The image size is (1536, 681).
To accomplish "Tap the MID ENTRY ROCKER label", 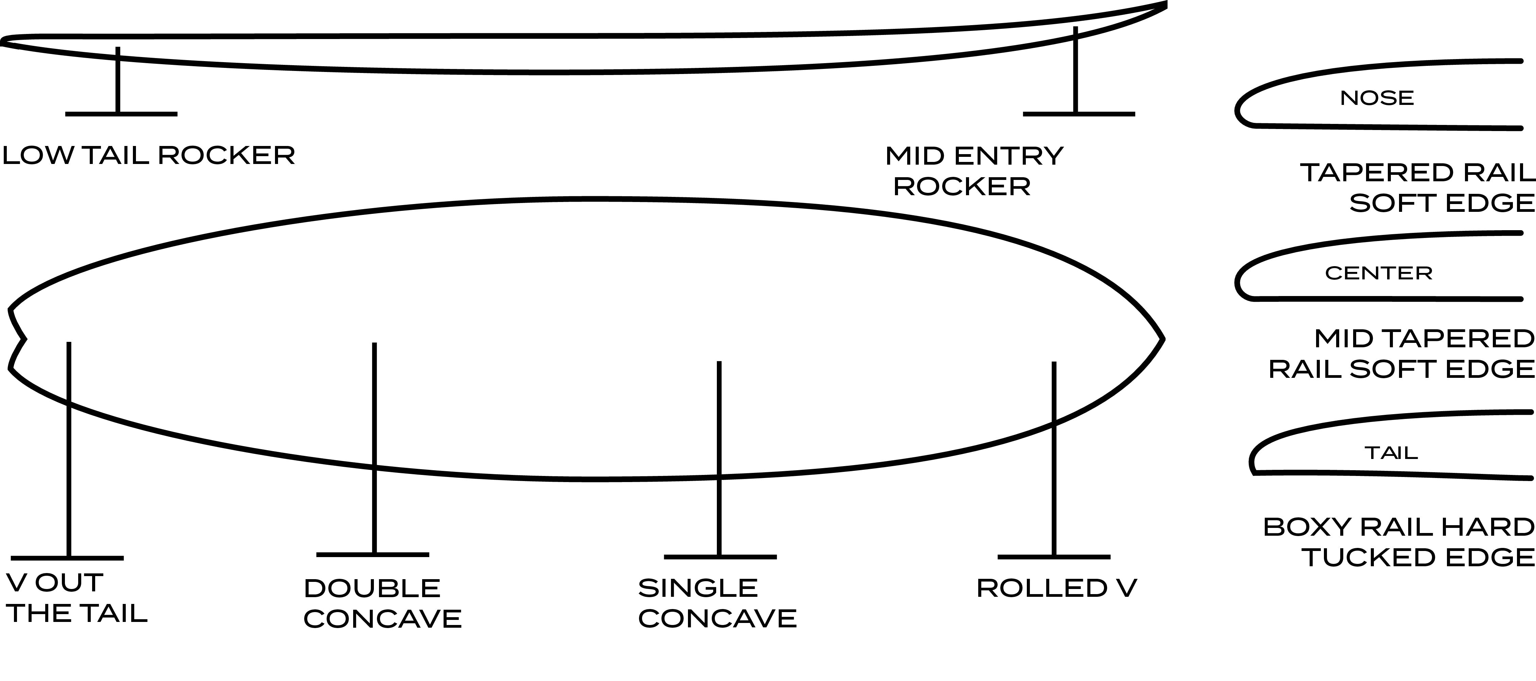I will click(974, 171).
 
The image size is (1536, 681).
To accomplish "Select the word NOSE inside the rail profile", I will click(1377, 98).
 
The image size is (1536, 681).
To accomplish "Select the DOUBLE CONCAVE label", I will click(382, 604).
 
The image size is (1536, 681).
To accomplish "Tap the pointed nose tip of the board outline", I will click(1163, 339).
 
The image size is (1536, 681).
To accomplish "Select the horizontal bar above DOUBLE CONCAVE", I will click(373, 555).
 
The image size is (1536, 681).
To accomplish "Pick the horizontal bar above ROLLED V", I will click(1054, 557).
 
